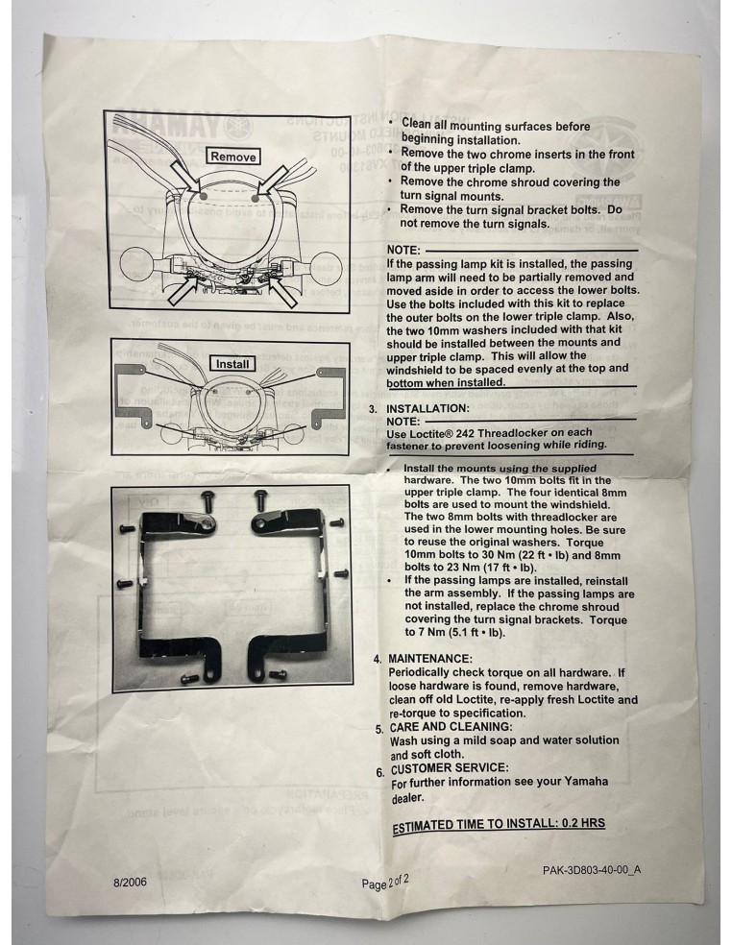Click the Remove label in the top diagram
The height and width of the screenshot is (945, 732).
233,157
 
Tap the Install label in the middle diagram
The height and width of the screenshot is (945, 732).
233,364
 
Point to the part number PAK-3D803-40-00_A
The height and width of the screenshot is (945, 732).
592,869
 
